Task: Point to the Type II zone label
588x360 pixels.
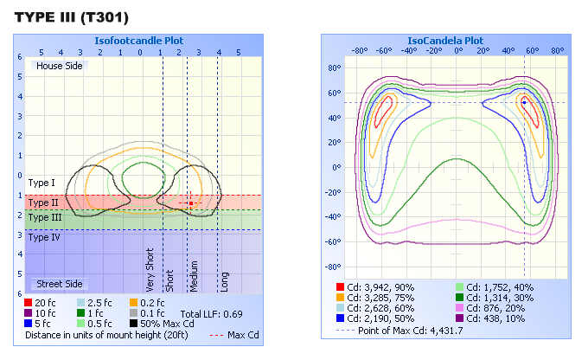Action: [x=43, y=202]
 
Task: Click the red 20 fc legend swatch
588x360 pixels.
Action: [x=30, y=302]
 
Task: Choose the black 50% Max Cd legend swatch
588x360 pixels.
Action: [x=134, y=323]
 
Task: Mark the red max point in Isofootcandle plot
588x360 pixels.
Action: [x=191, y=202]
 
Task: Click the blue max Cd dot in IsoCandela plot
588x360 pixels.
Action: [x=524, y=102]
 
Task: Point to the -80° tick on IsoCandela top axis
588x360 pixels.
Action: [x=361, y=50]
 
